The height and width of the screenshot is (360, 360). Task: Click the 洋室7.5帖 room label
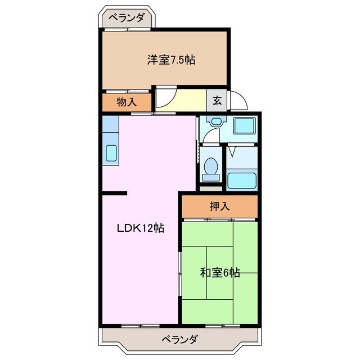172,60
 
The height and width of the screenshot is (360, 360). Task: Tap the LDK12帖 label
140,228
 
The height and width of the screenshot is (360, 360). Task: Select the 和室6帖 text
220,273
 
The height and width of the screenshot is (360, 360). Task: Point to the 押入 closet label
220,206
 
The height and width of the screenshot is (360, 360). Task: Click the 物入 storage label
126,102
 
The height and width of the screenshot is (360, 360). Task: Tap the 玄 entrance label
217,102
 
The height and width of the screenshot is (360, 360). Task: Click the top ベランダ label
127,18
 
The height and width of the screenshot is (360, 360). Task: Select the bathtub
242,181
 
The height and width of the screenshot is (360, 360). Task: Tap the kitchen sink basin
111,152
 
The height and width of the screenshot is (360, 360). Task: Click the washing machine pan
244,127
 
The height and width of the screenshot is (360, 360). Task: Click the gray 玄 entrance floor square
217,102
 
